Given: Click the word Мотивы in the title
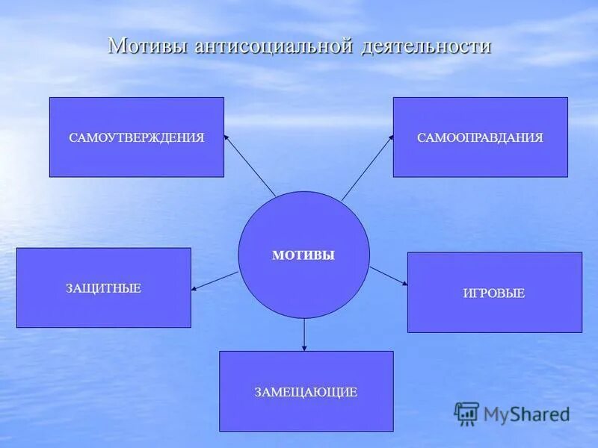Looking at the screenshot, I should pyautogui.click(x=148, y=46).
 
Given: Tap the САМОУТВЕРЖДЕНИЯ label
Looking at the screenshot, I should pyautogui.click(x=137, y=138).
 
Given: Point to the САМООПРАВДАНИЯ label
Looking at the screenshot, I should pyautogui.click(x=480, y=138).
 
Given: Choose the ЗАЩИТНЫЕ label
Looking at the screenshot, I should pyautogui.click(x=103, y=288).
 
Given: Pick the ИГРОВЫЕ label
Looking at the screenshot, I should pyautogui.click(x=494, y=293).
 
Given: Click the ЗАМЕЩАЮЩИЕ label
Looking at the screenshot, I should pyautogui.click(x=306, y=392).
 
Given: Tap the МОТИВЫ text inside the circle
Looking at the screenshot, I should pyautogui.click(x=303, y=255).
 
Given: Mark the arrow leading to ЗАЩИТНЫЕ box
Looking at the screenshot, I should pyautogui.click(x=215, y=281).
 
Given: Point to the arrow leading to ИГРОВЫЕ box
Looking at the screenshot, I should pyautogui.click(x=389, y=276).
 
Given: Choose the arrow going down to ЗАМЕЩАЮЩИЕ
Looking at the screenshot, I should pyautogui.click(x=304, y=334).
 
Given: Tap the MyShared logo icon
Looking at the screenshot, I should pyautogui.click(x=466, y=413).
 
